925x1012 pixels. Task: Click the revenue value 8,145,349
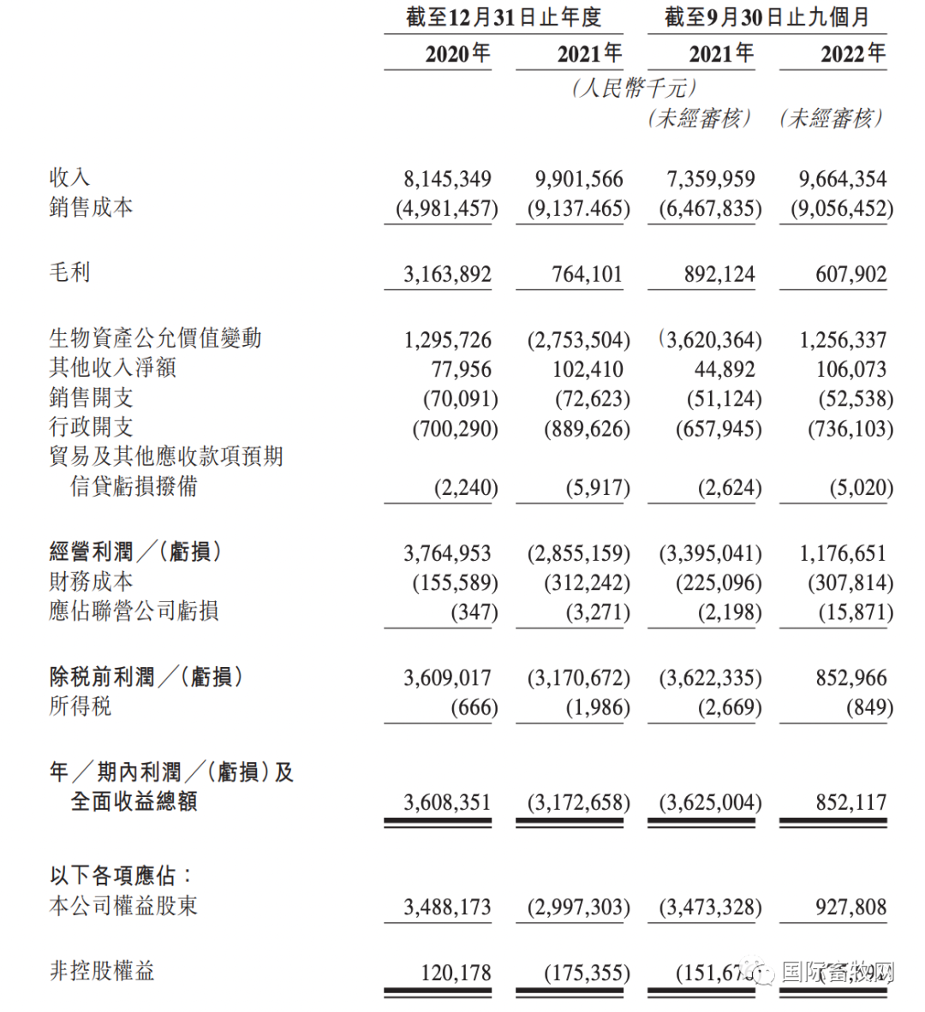[x=447, y=179]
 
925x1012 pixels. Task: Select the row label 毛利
[x=69, y=272]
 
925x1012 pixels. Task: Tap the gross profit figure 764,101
[x=587, y=275]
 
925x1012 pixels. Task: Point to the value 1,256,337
[x=843, y=340]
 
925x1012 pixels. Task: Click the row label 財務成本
[x=91, y=582]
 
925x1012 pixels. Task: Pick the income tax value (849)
[x=868, y=708]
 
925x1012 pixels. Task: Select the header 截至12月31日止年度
[x=504, y=17]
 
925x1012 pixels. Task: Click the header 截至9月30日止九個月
[x=767, y=17]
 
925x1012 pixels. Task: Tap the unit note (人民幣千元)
[x=634, y=87]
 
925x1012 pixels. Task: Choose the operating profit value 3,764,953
[x=447, y=554]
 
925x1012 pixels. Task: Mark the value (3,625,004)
[x=710, y=803]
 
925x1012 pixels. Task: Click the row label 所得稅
[x=81, y=706]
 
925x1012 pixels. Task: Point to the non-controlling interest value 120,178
[x=456, y=973]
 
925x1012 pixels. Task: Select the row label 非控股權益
[x=102, y=971]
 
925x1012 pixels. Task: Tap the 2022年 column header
[x=852, y=54]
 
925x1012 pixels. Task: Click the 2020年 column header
[x=457, y=54]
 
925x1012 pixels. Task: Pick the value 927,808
[x=850, y=908]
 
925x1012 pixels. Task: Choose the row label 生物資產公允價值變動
[x=155, y=338]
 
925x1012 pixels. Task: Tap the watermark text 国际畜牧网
[x=837, y=973]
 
